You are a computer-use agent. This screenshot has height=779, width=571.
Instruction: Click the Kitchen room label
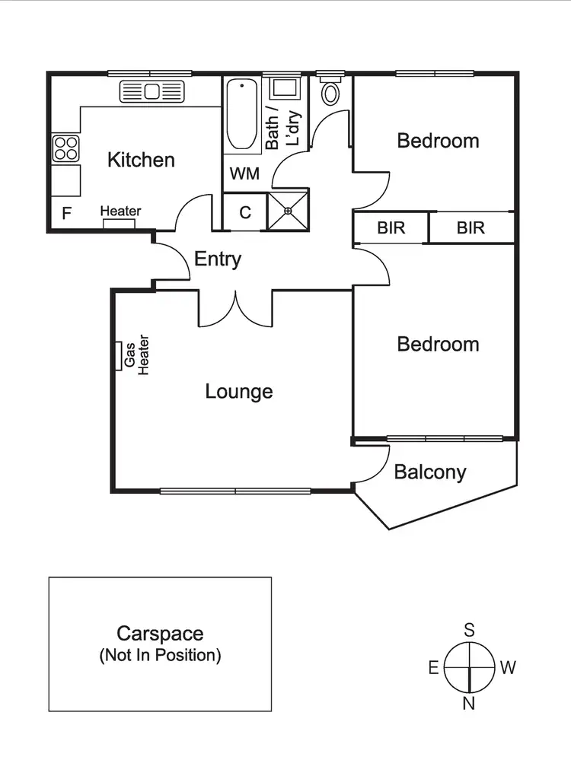tap(141, 160)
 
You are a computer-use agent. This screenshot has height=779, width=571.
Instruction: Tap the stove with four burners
tap(65, 147)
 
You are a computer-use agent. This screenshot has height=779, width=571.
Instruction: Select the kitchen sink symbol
tap(152, 92)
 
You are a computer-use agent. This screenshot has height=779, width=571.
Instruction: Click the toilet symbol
tap(331, 93)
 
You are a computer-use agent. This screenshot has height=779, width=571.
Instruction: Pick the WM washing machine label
tap(244, 173)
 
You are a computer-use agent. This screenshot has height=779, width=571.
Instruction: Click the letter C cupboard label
tap(245, 212)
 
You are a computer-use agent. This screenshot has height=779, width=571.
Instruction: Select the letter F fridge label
tap(66, 213)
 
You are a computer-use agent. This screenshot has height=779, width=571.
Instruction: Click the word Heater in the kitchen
tap(120, 211)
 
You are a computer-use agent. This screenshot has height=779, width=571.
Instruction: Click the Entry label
tap(218, 259)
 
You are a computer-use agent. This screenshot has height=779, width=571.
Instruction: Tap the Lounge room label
tap(239, 392)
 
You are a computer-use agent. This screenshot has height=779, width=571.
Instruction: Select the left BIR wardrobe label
tap(391, 227)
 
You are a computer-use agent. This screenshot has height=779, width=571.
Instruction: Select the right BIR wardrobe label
tap(471, 227)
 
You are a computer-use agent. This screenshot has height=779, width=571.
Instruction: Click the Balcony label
tap(429, 472)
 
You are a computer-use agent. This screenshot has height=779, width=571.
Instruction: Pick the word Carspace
tap(160, 633)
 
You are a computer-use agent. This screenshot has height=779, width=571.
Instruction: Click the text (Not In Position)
tap(160, 655)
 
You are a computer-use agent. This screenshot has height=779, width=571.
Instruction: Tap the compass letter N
tap(469, 704)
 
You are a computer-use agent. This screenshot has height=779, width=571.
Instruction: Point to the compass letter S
tap(470, 630)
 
